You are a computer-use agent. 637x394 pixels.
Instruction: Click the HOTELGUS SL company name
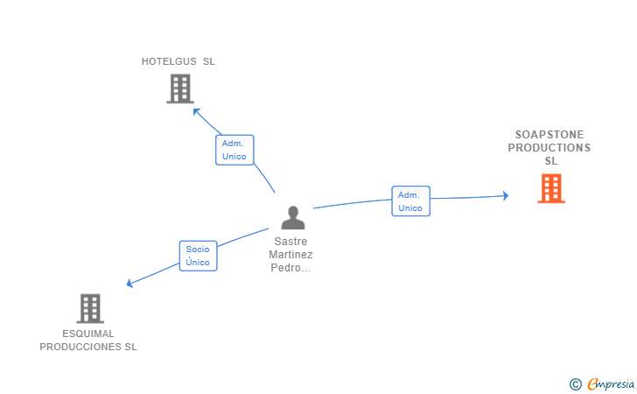(x=178, y=61)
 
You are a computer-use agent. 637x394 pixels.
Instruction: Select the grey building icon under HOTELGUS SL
(x=179, y=88)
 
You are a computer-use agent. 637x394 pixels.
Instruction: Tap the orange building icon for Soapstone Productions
(x=550, y=188)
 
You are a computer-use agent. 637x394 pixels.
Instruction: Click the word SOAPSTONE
(x=549, y=135)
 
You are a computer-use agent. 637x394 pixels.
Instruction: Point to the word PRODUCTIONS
(x=549, y=148)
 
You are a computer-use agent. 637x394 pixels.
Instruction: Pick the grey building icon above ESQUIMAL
(x=90, y=308)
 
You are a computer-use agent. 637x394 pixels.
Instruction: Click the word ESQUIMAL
(x=88, y=334)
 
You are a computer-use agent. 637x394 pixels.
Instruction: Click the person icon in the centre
(x=293, y=217)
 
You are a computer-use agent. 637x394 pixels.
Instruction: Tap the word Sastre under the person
(x=291, y=241)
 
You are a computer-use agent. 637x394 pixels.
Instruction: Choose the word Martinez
(x=291, y=255)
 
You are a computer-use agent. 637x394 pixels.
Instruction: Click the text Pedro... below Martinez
(x=291, y=268)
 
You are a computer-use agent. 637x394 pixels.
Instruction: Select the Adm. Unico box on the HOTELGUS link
(x=234, y=150)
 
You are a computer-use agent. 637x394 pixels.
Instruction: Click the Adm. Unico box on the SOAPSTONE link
(x=410, y=201)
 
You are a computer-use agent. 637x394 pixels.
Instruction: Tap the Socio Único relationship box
(x=198, y=256)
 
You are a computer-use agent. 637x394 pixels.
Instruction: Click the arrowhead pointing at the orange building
(x=505, y=196)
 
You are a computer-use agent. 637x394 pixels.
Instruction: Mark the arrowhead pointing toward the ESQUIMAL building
(x=129, y=283)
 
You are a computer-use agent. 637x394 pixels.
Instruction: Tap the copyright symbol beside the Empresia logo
(x=575, y=383)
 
